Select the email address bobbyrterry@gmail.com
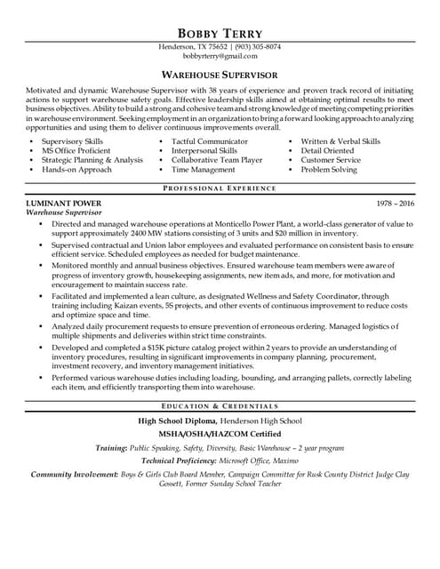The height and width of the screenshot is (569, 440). [220, 56]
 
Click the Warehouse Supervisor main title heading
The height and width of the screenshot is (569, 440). [220, 76]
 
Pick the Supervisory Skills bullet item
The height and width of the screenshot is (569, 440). [72, 141]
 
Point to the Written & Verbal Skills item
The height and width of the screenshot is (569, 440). [340, 141]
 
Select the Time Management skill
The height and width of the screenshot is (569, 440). [204, 170]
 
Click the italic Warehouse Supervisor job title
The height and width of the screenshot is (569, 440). [64, 213]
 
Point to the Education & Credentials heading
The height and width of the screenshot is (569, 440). [220, 405]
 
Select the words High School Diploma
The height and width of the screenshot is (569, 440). [177, 420]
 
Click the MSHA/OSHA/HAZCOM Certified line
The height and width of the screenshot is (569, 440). [220, 434]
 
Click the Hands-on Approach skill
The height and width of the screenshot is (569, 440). [77, 170]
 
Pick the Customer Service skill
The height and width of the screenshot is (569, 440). [331, 160]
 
